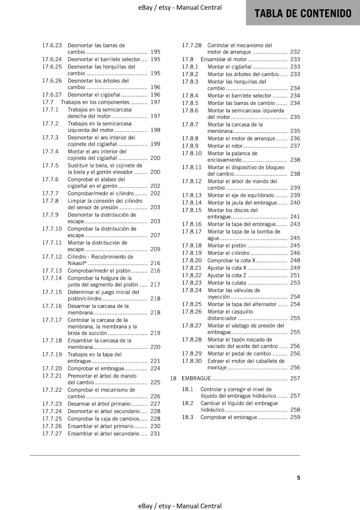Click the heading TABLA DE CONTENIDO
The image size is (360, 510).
(303, 13)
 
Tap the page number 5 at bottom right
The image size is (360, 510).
(299, 477)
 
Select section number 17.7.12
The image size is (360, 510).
(52, 257)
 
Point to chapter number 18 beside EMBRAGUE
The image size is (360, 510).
(173, 378)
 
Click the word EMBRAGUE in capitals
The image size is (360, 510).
(196, 378)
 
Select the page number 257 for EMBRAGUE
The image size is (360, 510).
(295, 378)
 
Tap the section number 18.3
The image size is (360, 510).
(188, 417)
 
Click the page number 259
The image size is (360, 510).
(295, 417)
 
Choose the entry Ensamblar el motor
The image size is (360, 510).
(224, 59)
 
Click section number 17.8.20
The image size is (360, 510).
(192, 260)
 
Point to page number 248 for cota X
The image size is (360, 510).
(295, 260)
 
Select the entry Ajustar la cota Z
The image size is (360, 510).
(227, 275)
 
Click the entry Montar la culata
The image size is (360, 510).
(227, 283)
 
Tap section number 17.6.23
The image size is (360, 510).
(52, 45)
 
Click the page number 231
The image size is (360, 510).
(155, 433)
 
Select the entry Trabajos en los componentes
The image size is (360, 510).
(95, 102)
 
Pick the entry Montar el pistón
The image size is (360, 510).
(227, 245)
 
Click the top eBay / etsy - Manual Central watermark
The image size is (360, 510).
(180, 7)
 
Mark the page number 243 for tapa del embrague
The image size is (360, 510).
(295, 224)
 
